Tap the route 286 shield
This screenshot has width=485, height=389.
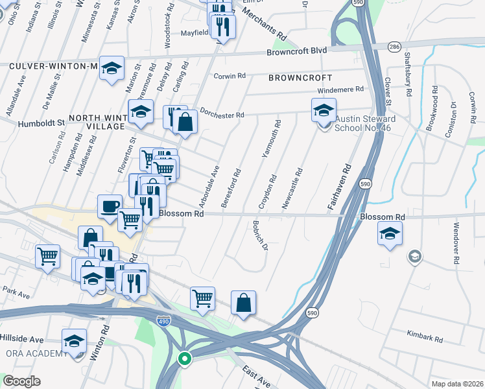coord(395,47)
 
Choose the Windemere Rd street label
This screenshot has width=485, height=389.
coord(342,90)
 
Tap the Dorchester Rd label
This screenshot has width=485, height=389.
coord(222,114)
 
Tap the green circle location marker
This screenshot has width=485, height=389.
coord(185,358)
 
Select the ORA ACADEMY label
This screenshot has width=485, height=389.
coord(36,353)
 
